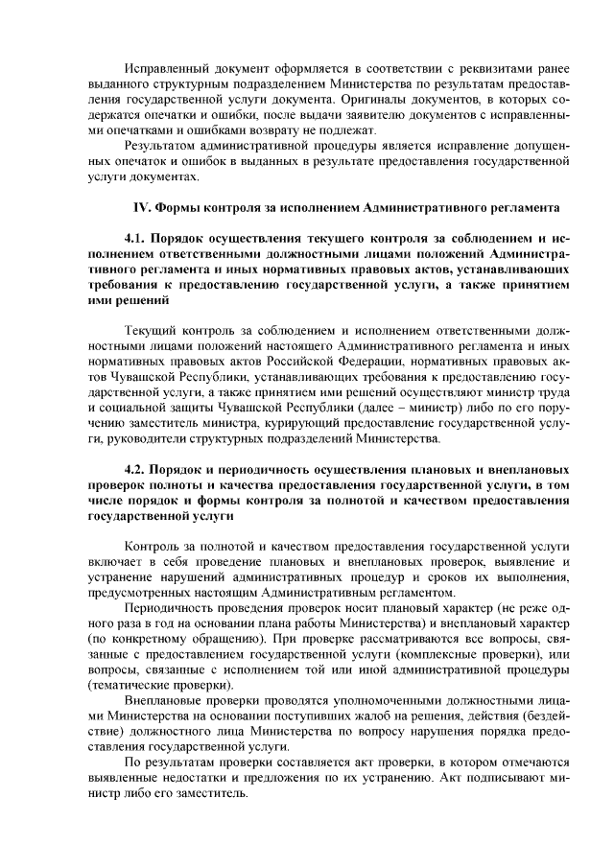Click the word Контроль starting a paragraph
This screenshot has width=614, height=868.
pyautogui.click(x=153, y=545)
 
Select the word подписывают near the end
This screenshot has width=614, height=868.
pyautogui.click(x=508, y=779)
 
